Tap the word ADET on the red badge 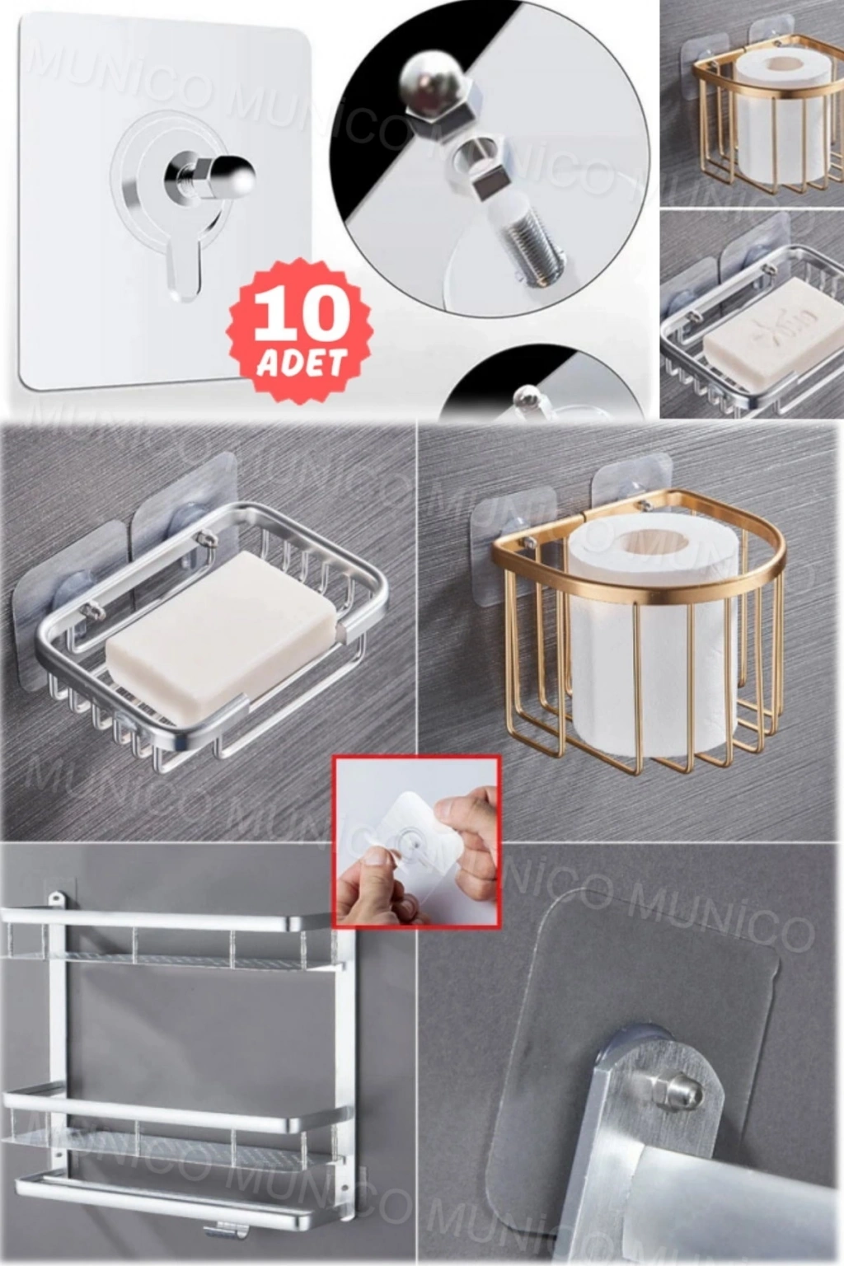coord(302,363)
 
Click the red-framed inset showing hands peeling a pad coord(416,842)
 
